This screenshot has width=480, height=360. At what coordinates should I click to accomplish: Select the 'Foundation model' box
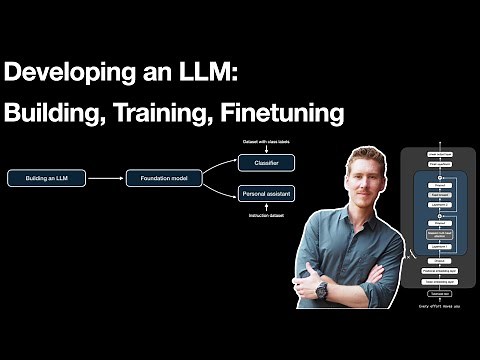[x=164, y=178]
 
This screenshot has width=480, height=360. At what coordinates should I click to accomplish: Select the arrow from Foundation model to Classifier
[x=220, y=166]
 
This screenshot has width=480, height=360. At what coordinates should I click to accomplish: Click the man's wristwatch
[x=322, y=286]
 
